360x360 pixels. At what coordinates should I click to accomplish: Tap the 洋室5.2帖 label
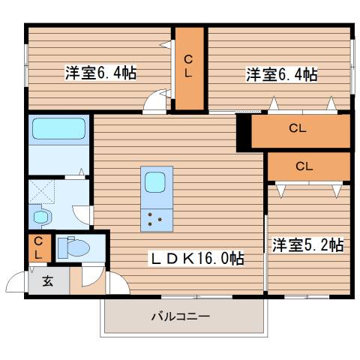[307, 244]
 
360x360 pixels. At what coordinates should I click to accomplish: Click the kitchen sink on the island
[156, 183]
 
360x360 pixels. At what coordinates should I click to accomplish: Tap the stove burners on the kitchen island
[156, 219]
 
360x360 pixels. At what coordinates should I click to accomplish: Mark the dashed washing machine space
[43, 191]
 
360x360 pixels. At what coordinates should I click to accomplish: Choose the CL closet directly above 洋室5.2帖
[304, 166]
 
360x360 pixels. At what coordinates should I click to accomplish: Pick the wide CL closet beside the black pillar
[298, 128]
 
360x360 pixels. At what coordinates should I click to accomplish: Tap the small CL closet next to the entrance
[37, 248]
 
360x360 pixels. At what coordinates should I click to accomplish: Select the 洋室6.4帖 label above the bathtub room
[100, 73]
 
